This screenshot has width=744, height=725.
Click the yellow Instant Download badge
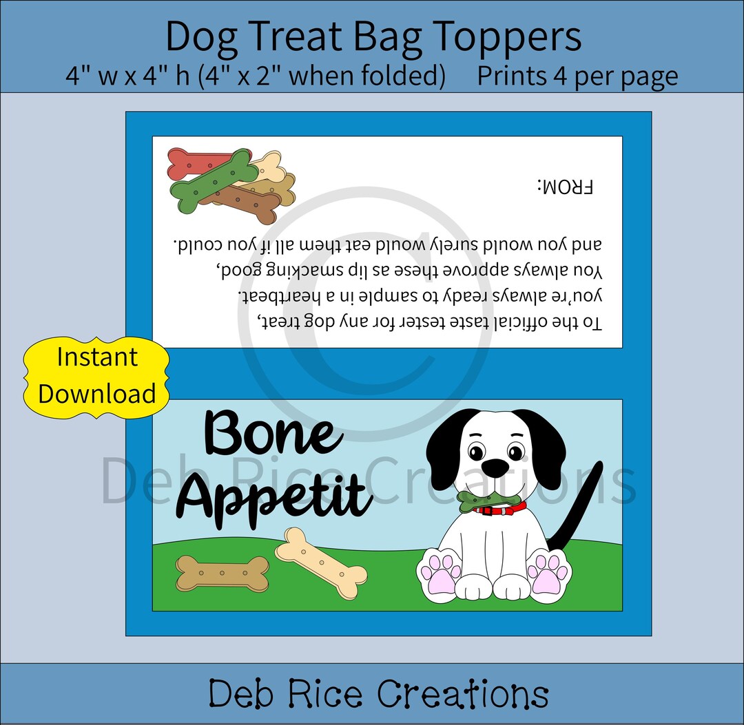coord(96,377)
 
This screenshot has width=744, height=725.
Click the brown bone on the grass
coord(222,574)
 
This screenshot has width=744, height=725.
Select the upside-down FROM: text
coord(565,187)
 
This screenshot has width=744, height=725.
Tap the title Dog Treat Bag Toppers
coord(373,38)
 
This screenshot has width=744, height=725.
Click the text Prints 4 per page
coord(577,76)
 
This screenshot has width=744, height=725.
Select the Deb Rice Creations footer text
coord(378,693)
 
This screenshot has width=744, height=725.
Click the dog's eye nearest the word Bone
coord(476,452)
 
